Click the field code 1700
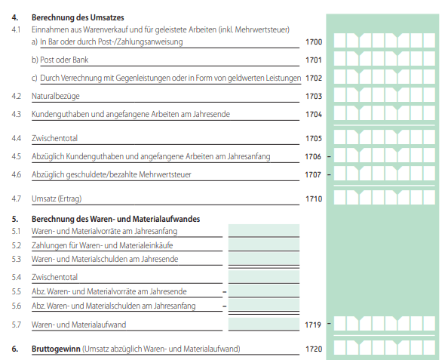pyautogui.click(x=314, y=42)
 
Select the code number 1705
pyautogui.click(x=314, y=139)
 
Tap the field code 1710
pyautogui.click(x=314, y=199)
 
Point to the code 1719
pyautogui.click(x=313, y=325)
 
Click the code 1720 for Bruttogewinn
pyautogui.click(x=314, y=349)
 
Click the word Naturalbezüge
pyautogui.click(x=55, y=97)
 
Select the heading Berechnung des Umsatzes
pyautogui.click(x=78, y=17)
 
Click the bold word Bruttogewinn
pyautogui.click(x=56, y=349)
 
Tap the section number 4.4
pyautogui.click(x=17, y=139)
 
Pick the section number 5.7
pyautogui.click(x=17, y=325)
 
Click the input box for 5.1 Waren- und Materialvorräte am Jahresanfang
pyautogui.click(x=264, y=230)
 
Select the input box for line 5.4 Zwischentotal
pyautogui.click(x=264, y=276)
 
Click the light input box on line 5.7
pyautogui.click(x=264, y=324)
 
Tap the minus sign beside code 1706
pyautogui.click(x=329, y=157)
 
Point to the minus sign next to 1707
pyautogui.click(x=329, y=174)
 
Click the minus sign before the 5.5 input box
pyautogui.click(x=225, y=292)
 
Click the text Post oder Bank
pyautogui.click(x=64, y=60)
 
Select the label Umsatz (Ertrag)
pyautogui.click(x=57, y=199)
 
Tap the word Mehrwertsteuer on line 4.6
pyautogui.click(x=165, y=174)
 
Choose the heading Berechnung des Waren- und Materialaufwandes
pyautogui.click(x=115, y=220)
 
